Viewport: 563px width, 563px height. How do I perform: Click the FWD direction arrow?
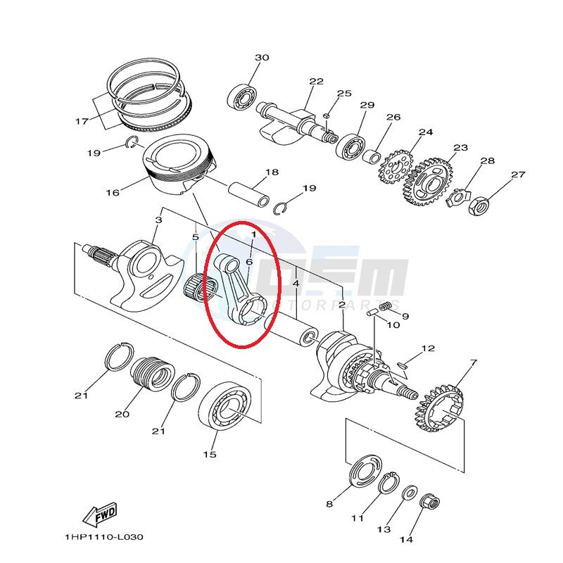(x=100, y=514)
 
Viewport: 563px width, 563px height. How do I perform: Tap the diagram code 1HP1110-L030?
(x=104, y=538)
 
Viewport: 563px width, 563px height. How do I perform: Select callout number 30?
(x=262, y=58)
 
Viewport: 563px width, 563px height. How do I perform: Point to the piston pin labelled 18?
(x=248, y=194)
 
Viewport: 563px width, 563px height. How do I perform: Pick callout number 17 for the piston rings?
(x=82, y=121)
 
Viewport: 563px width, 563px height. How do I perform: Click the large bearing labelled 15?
(x=225, y=406)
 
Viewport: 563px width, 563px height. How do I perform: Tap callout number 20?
(x=122, y=414)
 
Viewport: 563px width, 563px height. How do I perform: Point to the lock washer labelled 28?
(x=457, y=198)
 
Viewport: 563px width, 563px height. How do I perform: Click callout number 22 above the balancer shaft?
(x=316, y=82)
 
